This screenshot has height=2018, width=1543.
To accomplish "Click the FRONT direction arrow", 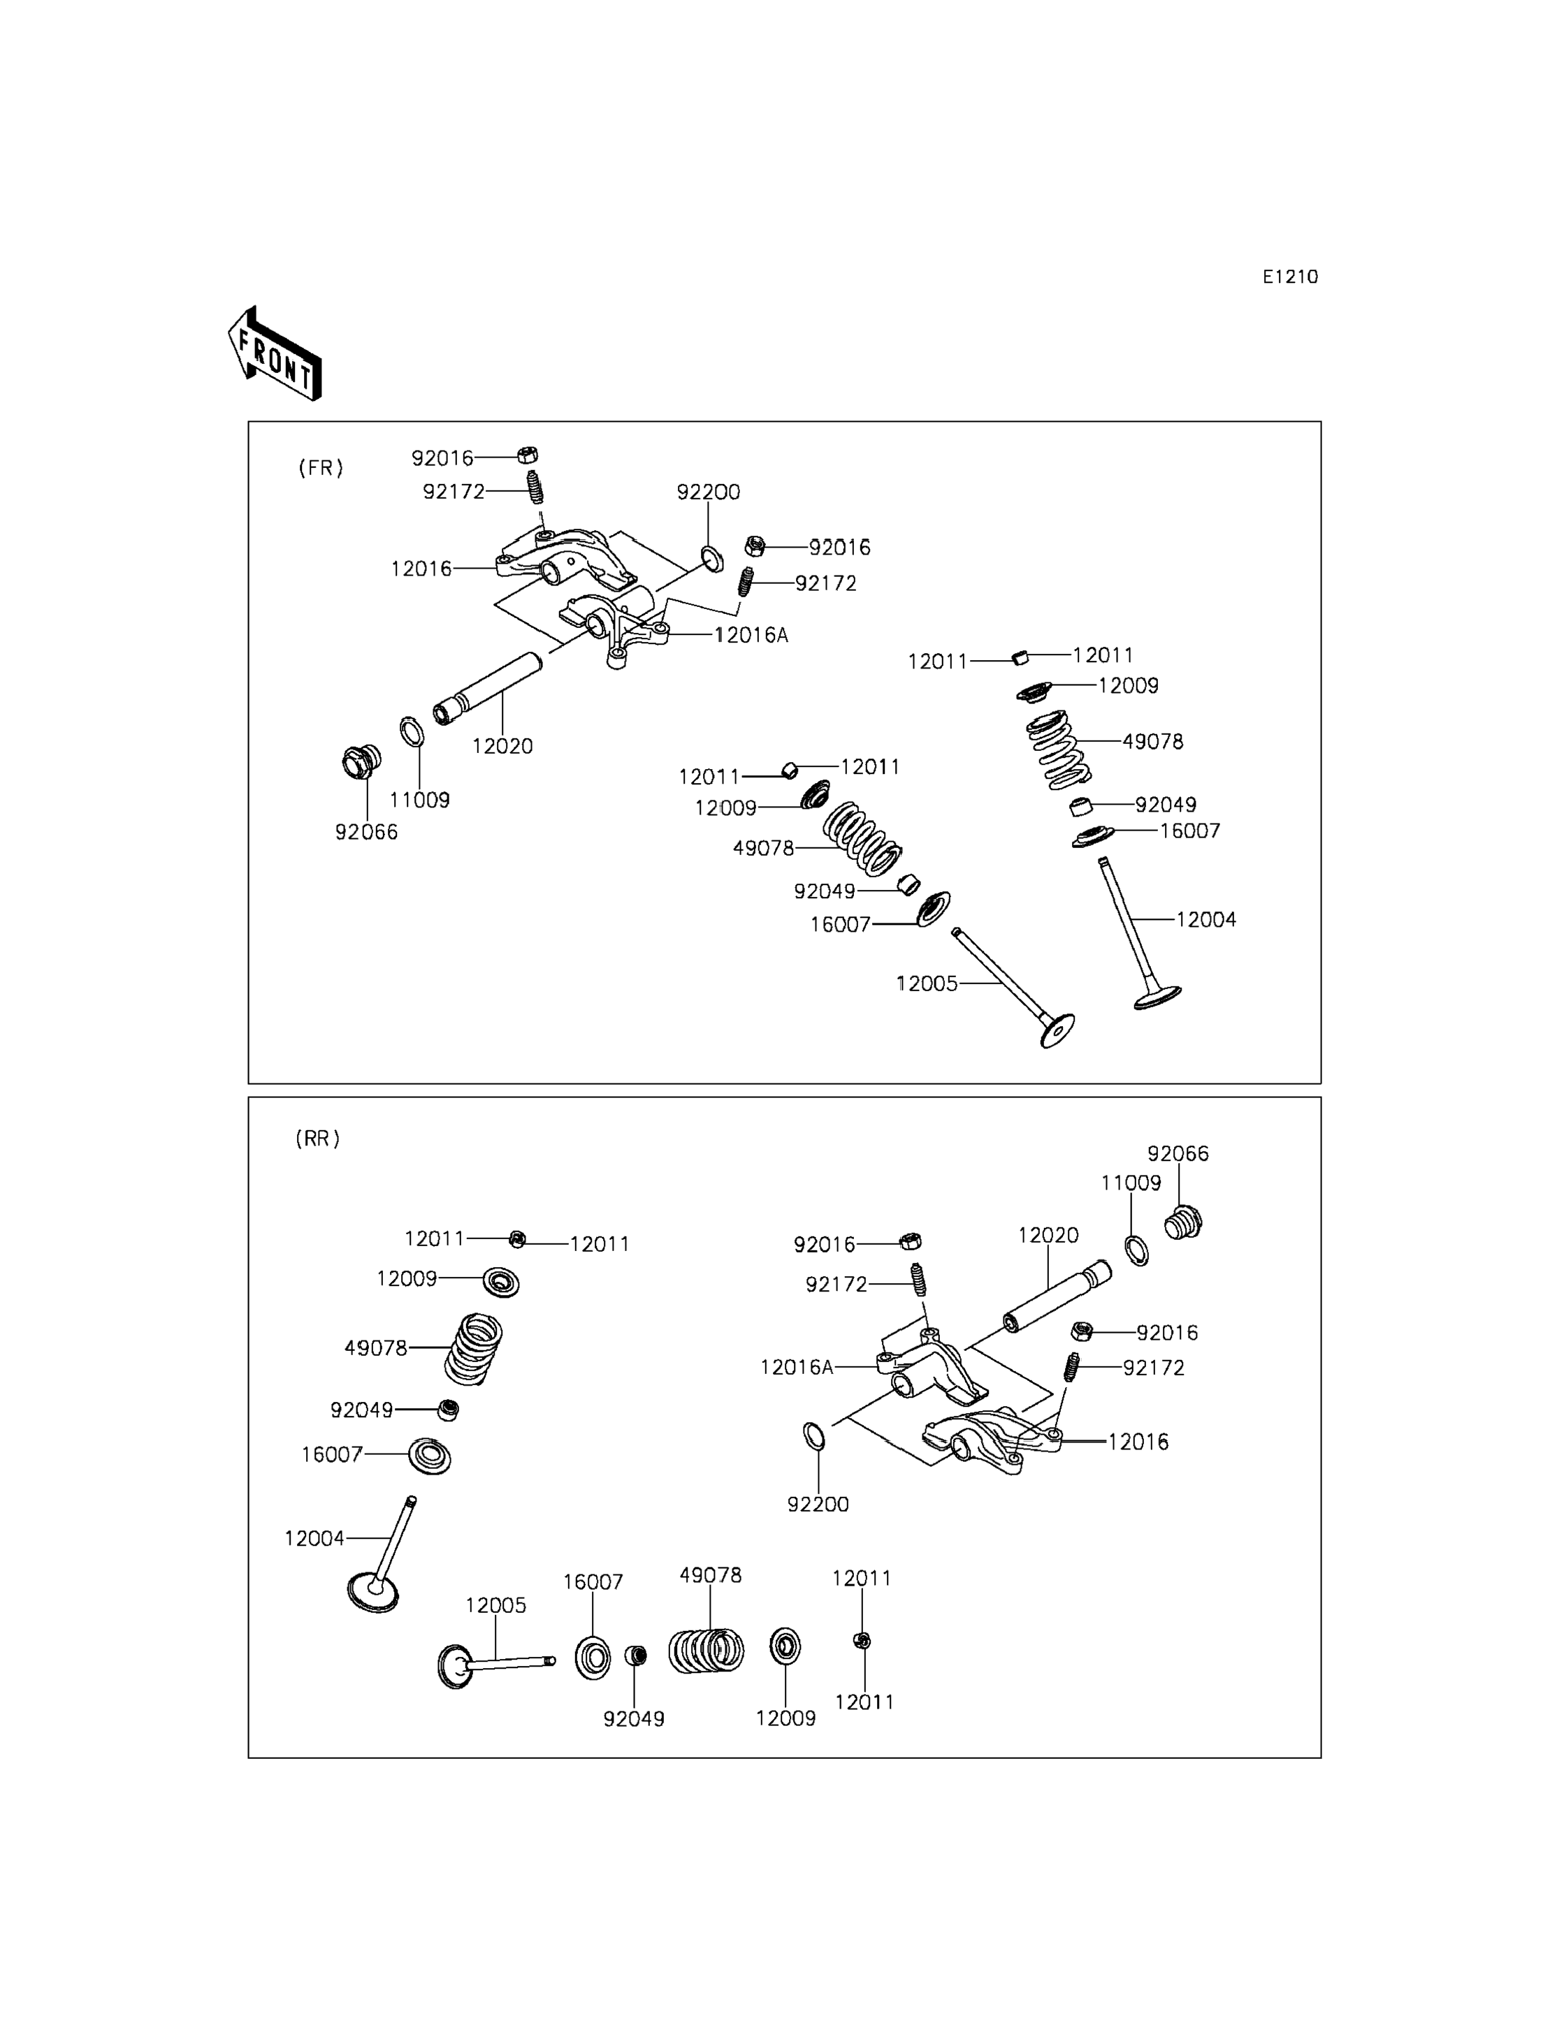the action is [275, 353].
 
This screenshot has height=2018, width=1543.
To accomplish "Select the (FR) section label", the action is [321, 467].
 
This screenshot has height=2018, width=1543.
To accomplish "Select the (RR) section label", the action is [318, 1139].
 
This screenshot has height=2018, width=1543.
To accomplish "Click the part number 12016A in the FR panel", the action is [751, 634].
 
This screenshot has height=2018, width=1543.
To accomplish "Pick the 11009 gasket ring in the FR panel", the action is [412, 733].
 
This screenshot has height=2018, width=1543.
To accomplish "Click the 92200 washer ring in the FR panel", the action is [712, 557].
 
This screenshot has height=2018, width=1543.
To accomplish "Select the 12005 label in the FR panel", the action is [927, 984].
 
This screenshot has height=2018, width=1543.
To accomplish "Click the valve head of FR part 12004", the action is [1157, 997].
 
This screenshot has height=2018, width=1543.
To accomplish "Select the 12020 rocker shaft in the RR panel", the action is [1057, 1297].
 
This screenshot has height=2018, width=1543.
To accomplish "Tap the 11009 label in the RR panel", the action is [1131, 1183].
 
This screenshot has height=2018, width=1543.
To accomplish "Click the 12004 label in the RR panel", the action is [314, 1538].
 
